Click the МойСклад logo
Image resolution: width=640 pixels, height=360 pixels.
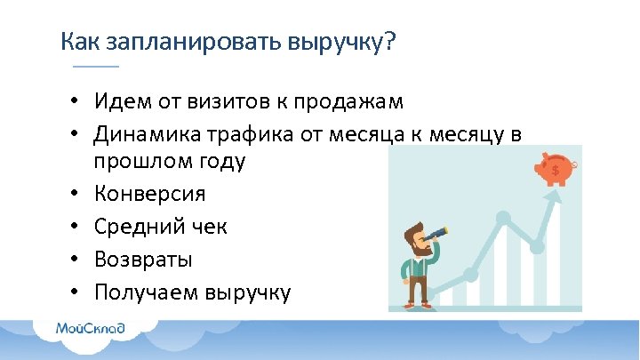pos(90,328)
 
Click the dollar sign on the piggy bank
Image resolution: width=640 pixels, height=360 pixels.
pos(556,169)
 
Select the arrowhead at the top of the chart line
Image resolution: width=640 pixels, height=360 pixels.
pos(558,198)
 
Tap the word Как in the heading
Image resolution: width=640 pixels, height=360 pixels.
pos(81,42)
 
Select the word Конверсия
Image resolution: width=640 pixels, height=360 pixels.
pos(149,194)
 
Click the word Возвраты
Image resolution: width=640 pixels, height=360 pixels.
pos(143,260)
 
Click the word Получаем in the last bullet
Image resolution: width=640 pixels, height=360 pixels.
pos(146,292)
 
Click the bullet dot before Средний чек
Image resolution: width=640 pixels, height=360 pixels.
pos(78,227)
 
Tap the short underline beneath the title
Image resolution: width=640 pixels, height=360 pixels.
pos(94,68)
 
